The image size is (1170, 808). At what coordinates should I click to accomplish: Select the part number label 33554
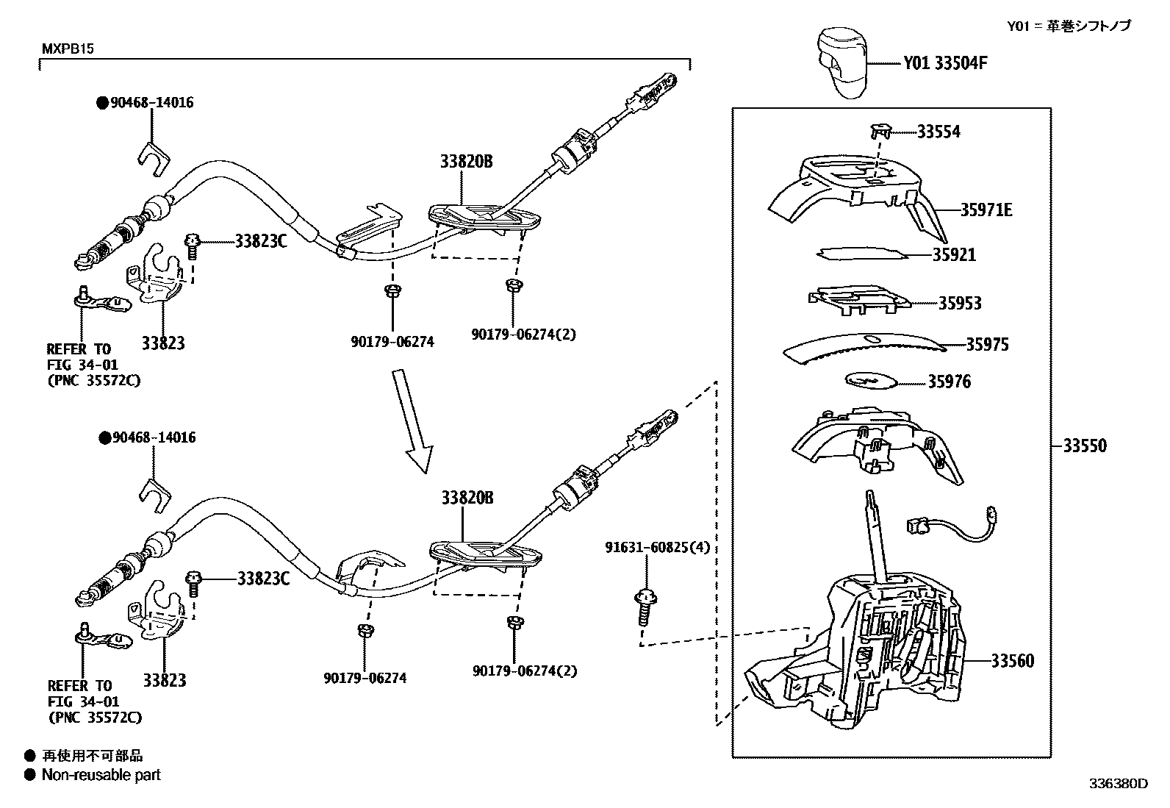tap(938, 132)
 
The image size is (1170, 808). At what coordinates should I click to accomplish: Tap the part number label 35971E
tap(986, 210)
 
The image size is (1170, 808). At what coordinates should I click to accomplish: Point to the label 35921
tap(955, 255)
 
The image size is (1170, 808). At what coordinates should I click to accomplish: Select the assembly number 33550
tap(1085, 446)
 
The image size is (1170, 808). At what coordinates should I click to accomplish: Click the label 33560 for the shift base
tap(1012, 661)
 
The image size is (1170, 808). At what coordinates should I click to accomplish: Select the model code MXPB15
tap(67, 49)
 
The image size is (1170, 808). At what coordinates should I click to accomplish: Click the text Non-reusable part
tap(101, 774)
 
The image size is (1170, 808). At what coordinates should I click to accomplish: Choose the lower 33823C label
tap(263, 579)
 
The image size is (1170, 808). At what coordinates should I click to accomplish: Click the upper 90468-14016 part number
tap(151, 103)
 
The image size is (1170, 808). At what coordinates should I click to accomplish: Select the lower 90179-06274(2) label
tap(525, 671)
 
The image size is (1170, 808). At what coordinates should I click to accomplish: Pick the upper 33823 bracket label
tap(163, 343)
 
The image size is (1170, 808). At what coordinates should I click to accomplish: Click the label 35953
tap(959, 304)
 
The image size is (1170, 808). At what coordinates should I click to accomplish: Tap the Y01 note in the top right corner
tap(1069, 26)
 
